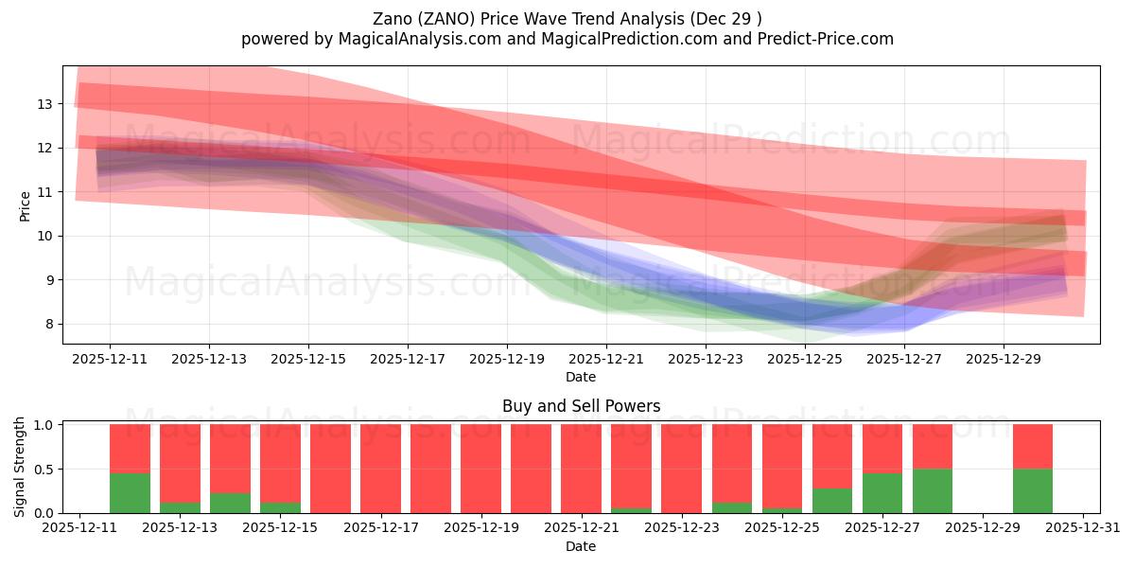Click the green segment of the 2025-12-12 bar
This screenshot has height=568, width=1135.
130,492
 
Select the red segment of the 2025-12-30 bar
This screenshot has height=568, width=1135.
1032,446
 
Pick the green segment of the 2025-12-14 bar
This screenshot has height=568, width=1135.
230,503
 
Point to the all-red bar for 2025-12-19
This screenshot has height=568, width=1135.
480,469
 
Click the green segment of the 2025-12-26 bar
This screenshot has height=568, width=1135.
831,500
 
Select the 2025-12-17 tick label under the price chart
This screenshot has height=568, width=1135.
407,360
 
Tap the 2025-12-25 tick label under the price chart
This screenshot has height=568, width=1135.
804,360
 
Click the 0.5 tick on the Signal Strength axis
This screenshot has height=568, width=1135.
44,470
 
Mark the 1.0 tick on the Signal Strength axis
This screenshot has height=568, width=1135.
44,425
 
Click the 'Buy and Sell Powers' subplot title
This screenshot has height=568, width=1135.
581,406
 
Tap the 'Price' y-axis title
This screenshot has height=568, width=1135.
26,205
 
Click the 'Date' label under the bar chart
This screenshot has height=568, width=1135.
581,546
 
